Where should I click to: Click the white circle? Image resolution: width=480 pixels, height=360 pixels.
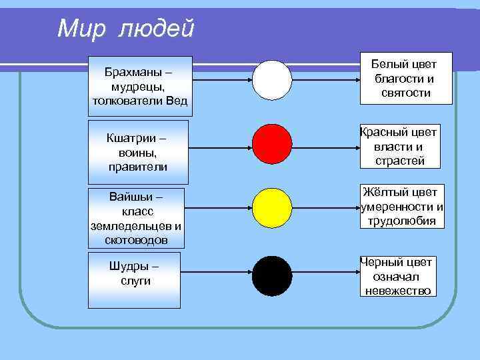point(272,80)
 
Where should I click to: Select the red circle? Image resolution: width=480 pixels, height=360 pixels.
point(272,144)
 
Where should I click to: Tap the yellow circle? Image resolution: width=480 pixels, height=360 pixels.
point(272,208)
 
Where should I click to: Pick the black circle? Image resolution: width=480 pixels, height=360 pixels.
point(272,275)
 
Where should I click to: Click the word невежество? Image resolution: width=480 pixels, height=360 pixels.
point(398,291)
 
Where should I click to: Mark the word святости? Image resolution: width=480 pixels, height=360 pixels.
point(406,93)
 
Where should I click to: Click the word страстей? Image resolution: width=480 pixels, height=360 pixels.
point(399,161)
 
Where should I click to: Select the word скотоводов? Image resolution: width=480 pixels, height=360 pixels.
point(136,239)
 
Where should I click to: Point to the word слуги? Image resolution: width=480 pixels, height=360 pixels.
point(135,281)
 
